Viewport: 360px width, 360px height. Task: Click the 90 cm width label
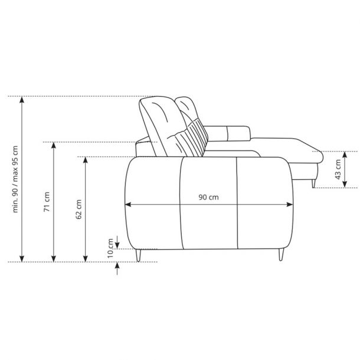click(x=208, y=197)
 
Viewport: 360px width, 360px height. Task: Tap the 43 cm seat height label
click(x=338, y=169)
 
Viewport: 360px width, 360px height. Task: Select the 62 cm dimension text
click(x=78, y=209)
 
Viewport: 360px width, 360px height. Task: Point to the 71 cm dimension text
click(x=47, y=202)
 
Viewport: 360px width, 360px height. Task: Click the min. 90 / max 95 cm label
click(x=15, y=179)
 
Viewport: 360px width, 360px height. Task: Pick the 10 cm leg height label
click(x=110, y=248)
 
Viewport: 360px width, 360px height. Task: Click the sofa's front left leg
click(x=138, y=255)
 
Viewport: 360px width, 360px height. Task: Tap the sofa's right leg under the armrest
click(x=282, y=254)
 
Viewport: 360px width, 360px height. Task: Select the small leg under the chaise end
click(x=313, y=184)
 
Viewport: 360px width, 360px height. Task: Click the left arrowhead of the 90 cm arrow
click(x=127, y=204)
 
